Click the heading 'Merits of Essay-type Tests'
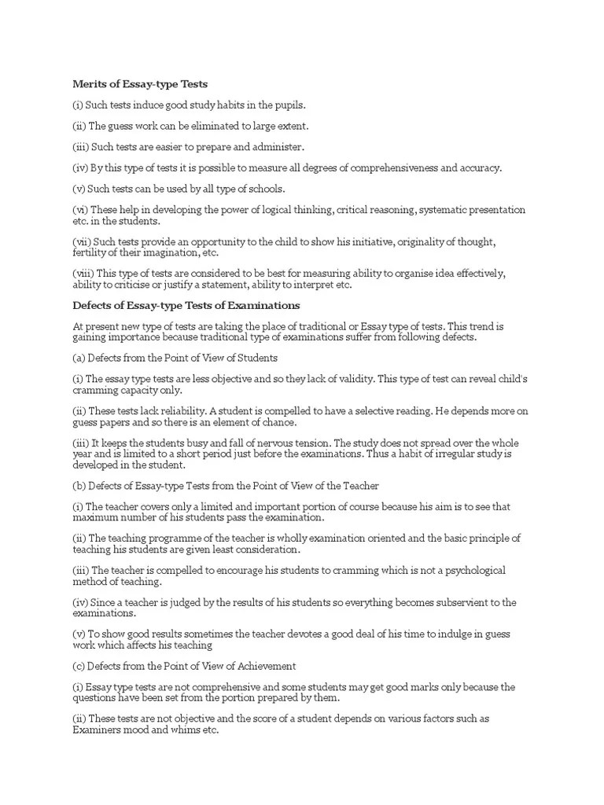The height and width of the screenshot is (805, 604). coord(140,83)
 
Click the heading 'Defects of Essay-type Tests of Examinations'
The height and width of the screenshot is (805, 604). coord(186,305)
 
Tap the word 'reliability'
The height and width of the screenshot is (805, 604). coord(168,411)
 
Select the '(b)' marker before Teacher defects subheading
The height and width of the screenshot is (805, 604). coord(79,486)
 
